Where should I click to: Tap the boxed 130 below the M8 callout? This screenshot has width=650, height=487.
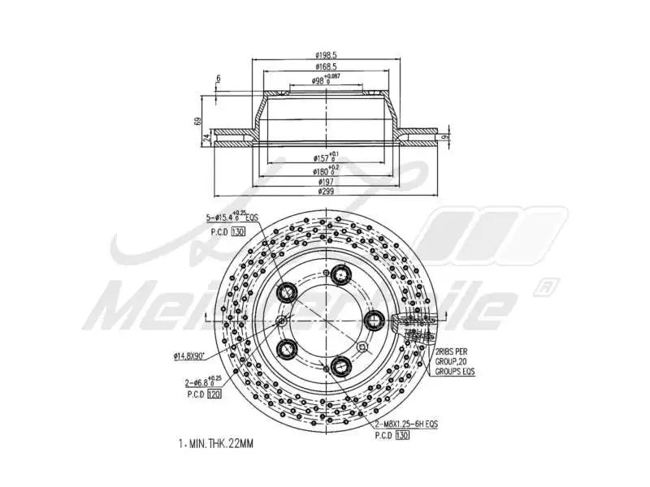coord(403,436)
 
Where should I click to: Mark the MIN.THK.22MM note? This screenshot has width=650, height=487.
coord(216,444)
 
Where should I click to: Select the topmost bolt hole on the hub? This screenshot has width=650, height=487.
coord(338,275)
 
